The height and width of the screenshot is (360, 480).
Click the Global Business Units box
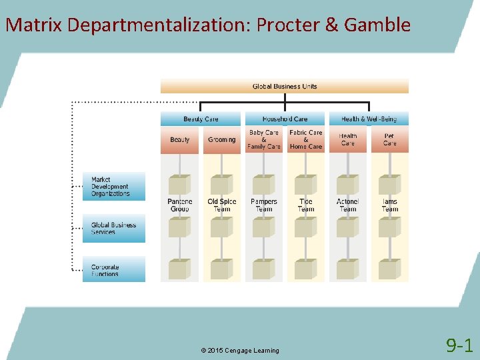(x=285, y=87)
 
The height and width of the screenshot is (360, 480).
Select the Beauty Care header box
(x=201, y=119)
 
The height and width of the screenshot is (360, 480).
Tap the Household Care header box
(x=285, y=119)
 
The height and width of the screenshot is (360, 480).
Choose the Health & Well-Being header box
(x=369, y=119)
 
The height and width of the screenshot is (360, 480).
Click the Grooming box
(x=221, y=140)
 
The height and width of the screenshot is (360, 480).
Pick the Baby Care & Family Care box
(x=264, y=140)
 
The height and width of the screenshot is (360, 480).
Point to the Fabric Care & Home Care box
(x=306, y=140)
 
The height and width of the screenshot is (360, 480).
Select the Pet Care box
(x=390, y=140)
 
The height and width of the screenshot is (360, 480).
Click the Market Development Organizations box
(x=114, y=187)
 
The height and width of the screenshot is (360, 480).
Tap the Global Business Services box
(x=114, y=228)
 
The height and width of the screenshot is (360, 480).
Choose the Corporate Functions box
(x=114, y=269)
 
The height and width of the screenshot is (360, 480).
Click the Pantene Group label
(x=180, y=205)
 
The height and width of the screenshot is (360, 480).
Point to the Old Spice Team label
(x=221, y=205)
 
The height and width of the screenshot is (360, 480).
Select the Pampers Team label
(x=264, y=205)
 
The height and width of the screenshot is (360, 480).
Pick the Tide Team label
(x=306, y=205)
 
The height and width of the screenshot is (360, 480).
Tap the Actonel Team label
(x=348, y=205)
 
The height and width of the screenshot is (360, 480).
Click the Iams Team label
(x=390, y=205)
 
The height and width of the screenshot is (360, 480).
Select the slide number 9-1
(x=459, y=345)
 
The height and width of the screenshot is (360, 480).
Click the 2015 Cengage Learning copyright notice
(x=239, y=351)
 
